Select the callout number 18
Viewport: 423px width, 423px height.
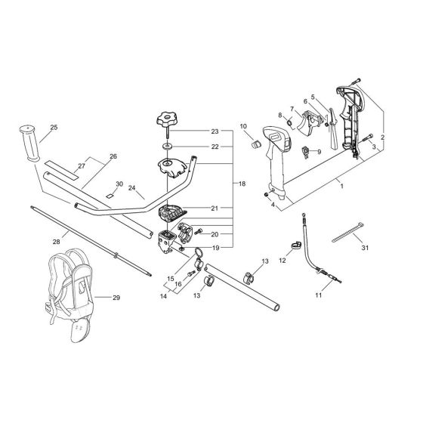242,184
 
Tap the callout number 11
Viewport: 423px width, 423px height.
318,295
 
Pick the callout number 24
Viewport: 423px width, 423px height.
131,188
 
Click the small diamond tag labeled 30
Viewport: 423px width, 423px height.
109,196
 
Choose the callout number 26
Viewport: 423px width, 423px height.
113,157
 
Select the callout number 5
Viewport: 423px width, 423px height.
312,96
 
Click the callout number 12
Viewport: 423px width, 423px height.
283,261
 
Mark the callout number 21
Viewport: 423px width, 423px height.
215,207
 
